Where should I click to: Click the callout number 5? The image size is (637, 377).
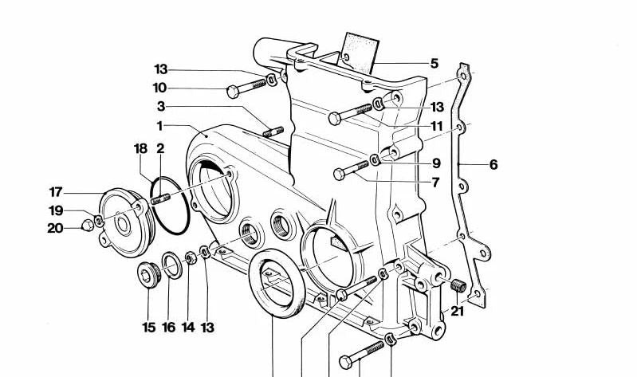pos(434,64)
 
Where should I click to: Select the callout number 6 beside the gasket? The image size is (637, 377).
pos(493,164)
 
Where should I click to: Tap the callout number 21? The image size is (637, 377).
pos(457,312)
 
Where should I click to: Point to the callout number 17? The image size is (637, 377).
pos(56,192)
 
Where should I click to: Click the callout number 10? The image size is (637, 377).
pos(159,88)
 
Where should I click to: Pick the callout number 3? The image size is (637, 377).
pos(161,107)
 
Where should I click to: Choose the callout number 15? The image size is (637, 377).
pos(149,327)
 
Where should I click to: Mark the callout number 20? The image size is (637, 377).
pos(55,228)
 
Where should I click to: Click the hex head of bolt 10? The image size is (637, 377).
pos(233,92)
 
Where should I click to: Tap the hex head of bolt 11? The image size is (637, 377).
pos(334,119)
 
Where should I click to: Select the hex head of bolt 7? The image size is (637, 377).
pos(339,175)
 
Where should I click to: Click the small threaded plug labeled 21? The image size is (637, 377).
pos(458,285)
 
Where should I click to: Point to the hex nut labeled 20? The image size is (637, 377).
pos(88,225)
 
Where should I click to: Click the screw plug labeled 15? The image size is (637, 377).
pos(149,275)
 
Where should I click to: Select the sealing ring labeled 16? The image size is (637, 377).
pos(172,265)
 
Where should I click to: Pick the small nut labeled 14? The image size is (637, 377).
pos(191,257)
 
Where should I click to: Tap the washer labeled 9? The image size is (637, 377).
pos(375,159)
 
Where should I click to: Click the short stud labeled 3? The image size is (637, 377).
pos(273,132)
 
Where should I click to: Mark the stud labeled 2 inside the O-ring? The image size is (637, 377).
pos(160,199)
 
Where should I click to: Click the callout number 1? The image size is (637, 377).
pos(159,126)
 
